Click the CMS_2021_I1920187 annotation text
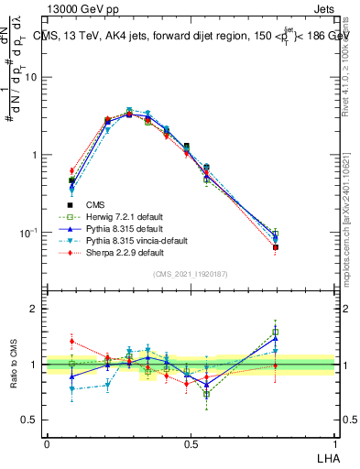click(x=191, y=274)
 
